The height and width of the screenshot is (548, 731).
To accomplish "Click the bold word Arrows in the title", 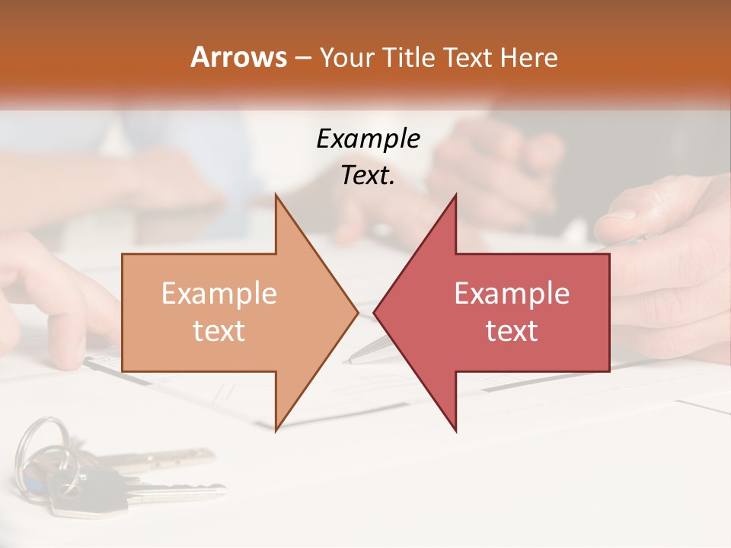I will (x=239, y=57).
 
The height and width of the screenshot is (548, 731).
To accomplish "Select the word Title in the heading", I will (x=408, y=57).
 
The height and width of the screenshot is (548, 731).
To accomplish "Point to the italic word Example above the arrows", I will (x=368, y=139).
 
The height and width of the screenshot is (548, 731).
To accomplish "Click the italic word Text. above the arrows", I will (x=368, y=175).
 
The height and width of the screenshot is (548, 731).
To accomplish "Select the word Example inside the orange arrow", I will (x=219, y=294).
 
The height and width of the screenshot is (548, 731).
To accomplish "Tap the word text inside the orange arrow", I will (x=219, y=331).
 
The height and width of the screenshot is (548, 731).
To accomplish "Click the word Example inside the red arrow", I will (x=512, y=294).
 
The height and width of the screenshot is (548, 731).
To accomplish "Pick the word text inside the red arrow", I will (x=512, y=331).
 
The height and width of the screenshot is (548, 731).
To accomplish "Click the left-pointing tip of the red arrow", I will (x=375, y=312).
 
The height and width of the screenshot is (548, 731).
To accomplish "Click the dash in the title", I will (x=302, y=57).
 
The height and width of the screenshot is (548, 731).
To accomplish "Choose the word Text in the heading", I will (x=466, y=57).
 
